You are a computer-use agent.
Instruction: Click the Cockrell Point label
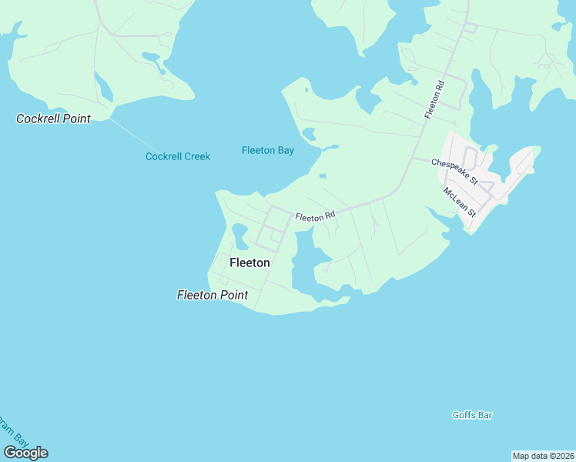pyautogui.click(x=54, y=119)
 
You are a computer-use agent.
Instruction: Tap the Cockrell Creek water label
pyautogui.click(x=178, y=156)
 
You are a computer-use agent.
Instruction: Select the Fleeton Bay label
pyautogui.click(x=268, y=150)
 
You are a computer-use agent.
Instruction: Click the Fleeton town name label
pyautogui.click(x=249, y=263)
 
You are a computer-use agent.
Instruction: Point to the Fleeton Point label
pyautogui.click(x=213, y=295)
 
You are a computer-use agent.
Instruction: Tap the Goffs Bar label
pyautogui.click(x=472, y=415)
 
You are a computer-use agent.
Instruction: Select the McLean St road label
pyautogui.click(x=460, y=202)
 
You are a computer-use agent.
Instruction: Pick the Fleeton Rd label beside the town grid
pyautogui.click(x=316, y=217)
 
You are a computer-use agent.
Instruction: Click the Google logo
pyautogui.click(x=25, y=452)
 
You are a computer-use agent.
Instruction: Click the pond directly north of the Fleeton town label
pyautogui.click(x=239, y=235)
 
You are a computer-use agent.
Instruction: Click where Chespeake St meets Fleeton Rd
pyautogui.click(x=414, y=159)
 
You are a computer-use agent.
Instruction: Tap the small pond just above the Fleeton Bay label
pyautogui.click(x=309, y=135)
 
